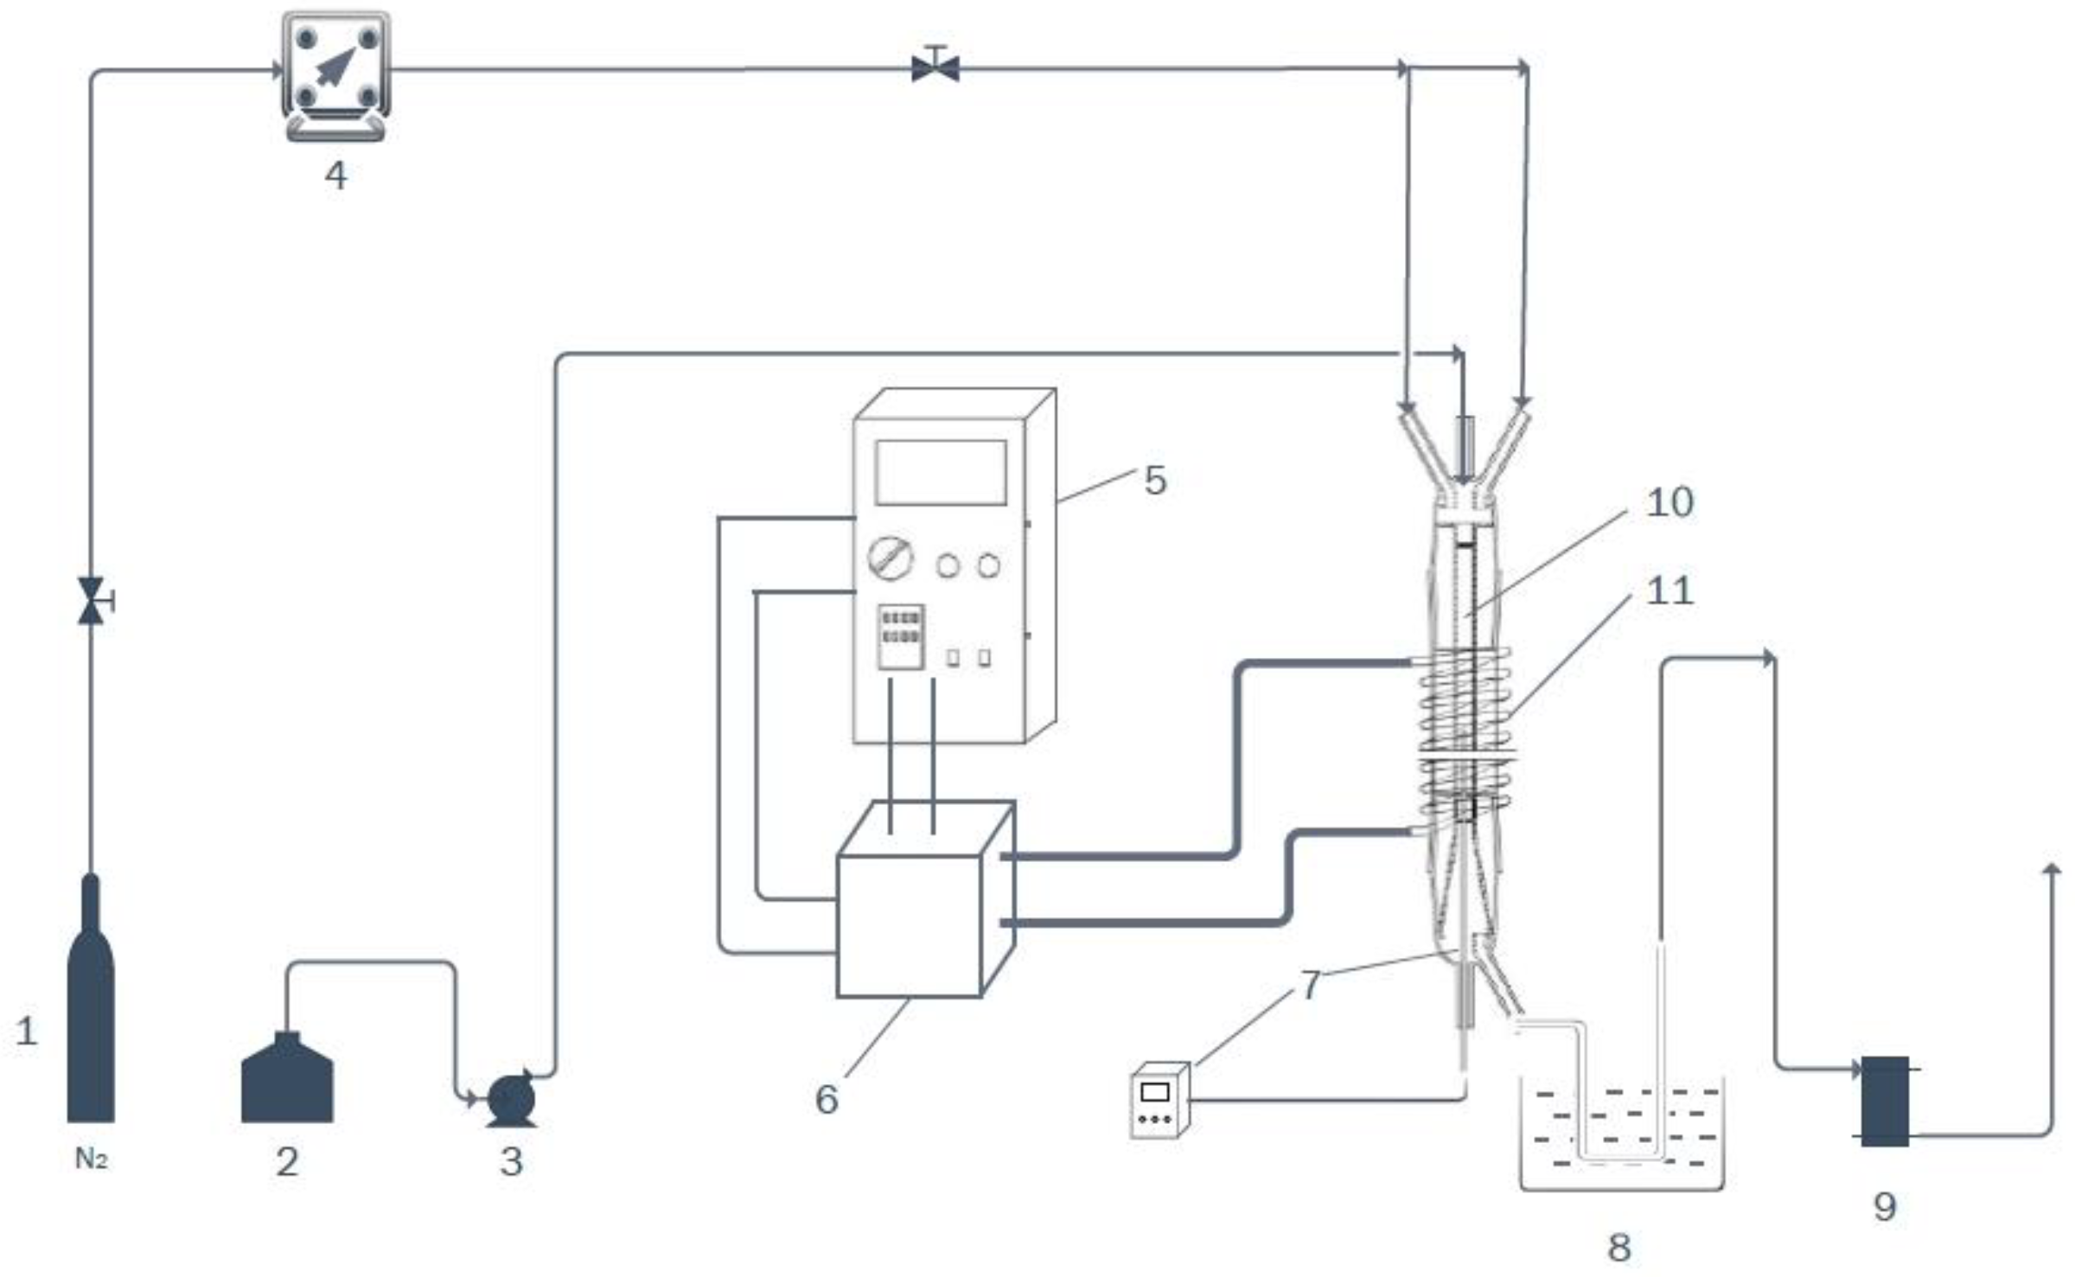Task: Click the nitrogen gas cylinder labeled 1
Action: point(91,1020)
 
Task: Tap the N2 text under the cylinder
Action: point(91,1159)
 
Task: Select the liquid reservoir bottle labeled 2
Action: point(287,1081)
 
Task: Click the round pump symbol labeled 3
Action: point(510,1100)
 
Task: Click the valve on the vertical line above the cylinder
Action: point(91,601)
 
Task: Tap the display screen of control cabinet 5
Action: point(941,472)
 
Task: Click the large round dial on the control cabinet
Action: point(891,559)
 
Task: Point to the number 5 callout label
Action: point(1155,481)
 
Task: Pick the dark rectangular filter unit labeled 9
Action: point(1885,1101)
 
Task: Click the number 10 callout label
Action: point(1669,502)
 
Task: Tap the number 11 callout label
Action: point(1669,591)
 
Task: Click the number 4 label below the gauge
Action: point(336,176)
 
